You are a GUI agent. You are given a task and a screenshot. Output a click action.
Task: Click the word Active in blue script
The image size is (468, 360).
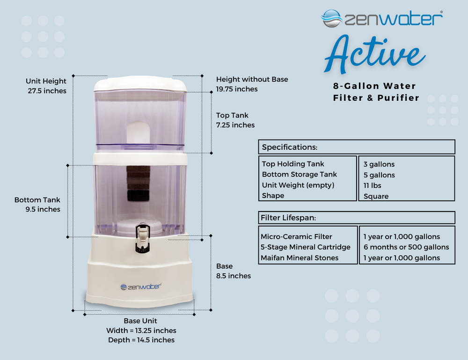[x=374, y=56]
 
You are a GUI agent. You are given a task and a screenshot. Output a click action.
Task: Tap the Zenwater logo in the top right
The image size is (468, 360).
[x=381, y=19]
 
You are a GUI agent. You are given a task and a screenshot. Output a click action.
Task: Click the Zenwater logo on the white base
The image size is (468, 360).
[x=140, y=286]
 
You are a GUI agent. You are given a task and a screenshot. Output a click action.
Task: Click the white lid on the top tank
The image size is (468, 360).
[x=140, y=84]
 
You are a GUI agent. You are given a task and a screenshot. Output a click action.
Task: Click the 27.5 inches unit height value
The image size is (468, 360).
[x=47, y=91]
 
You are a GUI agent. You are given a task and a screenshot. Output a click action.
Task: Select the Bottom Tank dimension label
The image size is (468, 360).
[x=37, y=200]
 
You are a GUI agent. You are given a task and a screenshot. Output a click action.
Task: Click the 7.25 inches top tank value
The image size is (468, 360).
[x=235, y=125]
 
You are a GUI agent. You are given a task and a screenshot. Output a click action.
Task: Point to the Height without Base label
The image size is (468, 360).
[x=252, y=79]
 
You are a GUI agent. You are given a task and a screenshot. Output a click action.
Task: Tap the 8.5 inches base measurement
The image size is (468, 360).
[x=234, y=276]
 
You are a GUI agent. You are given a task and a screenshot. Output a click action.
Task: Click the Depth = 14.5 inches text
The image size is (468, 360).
[x=141, y=340]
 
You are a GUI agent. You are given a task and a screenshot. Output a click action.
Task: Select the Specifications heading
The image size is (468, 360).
[x=289, y=147]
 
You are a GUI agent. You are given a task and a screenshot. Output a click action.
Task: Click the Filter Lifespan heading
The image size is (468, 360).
[x=289, y=218]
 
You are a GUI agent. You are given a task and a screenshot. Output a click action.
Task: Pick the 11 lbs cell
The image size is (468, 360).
[x=373, y=185]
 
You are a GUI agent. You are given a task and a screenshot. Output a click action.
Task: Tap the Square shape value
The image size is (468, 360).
[x=376, y=196]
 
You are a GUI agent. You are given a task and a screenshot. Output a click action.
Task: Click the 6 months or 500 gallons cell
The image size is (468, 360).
[x=406, y=247]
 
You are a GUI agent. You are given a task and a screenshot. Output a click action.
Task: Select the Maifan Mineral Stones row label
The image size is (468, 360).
[x=300, y=257]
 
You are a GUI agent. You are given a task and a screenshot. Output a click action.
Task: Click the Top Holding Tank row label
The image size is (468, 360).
[x=293, y=164]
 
